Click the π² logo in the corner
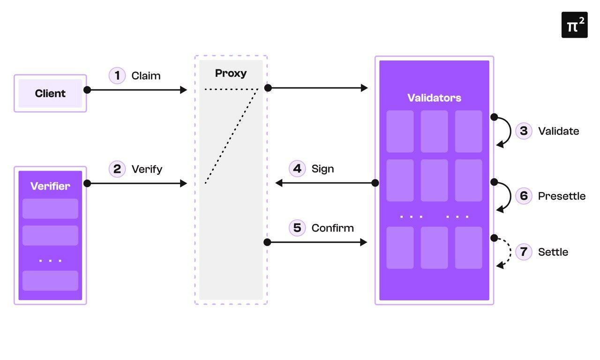[x=574, y=25]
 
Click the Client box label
[x=50, y=93]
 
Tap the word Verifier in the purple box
[x=50, y=186]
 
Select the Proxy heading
[x=231, y=73]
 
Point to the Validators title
[x=434, y=98]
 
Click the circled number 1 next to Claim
[x=117, y=75]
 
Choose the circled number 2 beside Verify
[x=117, y=169]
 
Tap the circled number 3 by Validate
[x=524, y=131]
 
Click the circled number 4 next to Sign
[x=297, y=168]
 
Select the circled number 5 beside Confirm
[x=297, y=228]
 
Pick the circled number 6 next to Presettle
[x=524, y=195]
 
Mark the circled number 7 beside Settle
[x=524, y=252]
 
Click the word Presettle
[x=562, y=196]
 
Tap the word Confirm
[x=332, y=228]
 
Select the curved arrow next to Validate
[x=506, y=131]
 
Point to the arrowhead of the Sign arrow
[x=279, y=183]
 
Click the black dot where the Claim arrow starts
[x=87, y=90]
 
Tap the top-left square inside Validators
[x=400, y=131]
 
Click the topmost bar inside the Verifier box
[x=50, y=209]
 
